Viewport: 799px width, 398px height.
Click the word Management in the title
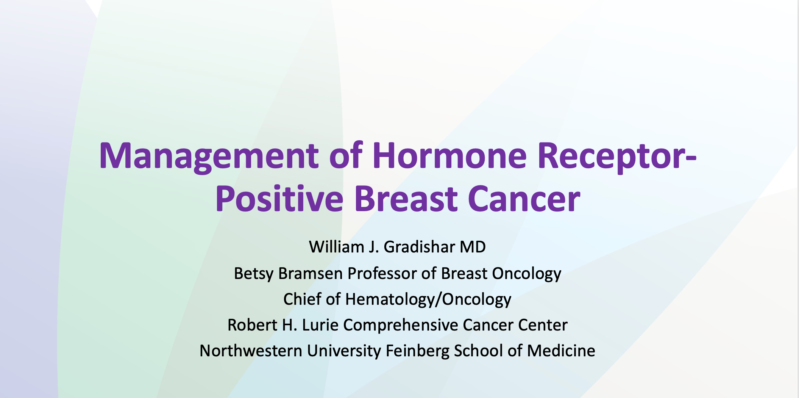click(x=209, y=157)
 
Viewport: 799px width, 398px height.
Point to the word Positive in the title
click(x=279, y=199)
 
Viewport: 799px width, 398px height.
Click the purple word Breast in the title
click(x=406, y=199)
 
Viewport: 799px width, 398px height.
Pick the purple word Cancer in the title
click(x=524, y=199)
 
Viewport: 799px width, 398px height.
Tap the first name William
click(x=337, y=247)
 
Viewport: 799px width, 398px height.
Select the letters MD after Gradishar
click(x=473, y=247)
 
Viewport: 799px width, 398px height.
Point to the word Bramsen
click(x=311, y=274)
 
